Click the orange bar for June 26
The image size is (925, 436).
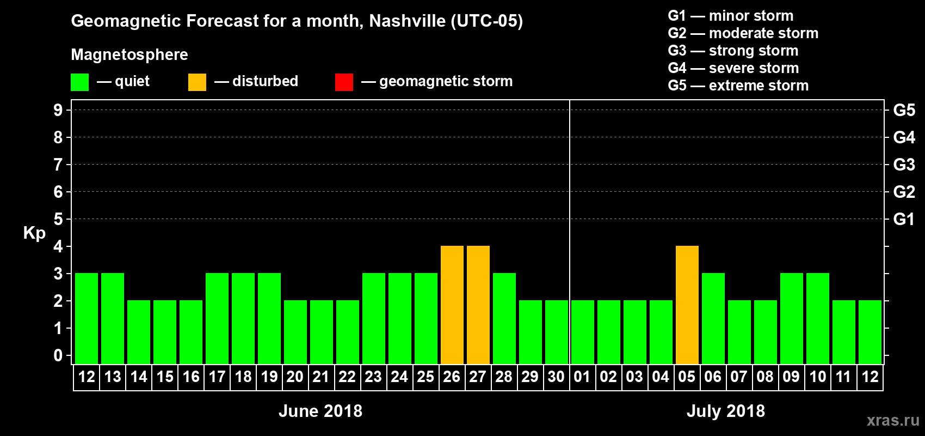click(x=452, y=305)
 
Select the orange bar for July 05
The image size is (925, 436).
click(x=687, y=305)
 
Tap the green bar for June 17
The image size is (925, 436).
click(x=217, y=318)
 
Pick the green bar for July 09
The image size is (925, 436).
click(x=792, y=318)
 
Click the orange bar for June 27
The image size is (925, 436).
click(x=478, y=305)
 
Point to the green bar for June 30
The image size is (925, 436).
click(x=557, y=332)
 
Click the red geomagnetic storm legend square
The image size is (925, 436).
click(x=344, y=82)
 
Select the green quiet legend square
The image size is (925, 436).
click(x=80, y=82)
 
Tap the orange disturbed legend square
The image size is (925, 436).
click(x=197, y=82)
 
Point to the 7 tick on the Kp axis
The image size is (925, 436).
click(x=58, y=165)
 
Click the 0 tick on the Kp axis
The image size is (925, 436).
click(x=58, y=355)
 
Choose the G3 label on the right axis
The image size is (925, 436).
click(x=904, y=165)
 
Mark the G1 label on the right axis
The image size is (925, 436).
click(x=904, y=219)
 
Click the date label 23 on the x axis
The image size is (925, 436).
click(x=373, y=377)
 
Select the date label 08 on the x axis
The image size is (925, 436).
click(x=765, y=377)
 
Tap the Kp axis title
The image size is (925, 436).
click(x=34, y=233)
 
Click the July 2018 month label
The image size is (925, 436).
click(x=726, y=411)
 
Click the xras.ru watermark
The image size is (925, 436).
click(x=893, y=420)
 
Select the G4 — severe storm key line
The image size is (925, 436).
click(x=733, y=68)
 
